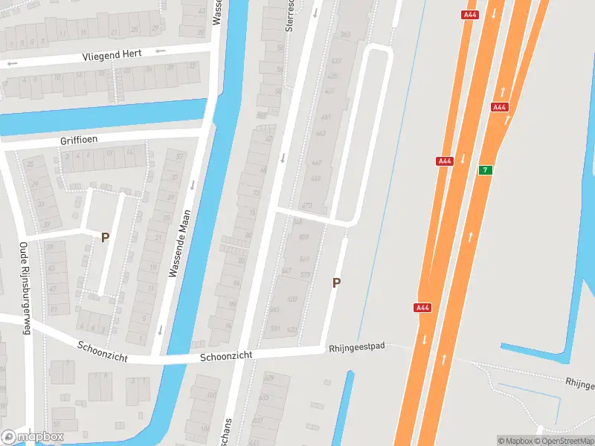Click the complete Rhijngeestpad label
[x=356, y=347]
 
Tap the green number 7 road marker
[x=485, y=170]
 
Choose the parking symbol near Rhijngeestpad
[x=336, y=282]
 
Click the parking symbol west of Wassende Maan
[x=105, y=237]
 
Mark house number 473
[x=306, y=206]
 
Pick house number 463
[x=321, y=134]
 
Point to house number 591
[x=275, y=328]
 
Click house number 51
[x=53, y=309]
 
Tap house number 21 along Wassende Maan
[x=157, y=237]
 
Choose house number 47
[x=52, y=288]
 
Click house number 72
[x=257, y=193]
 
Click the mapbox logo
[x=32, y=437]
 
